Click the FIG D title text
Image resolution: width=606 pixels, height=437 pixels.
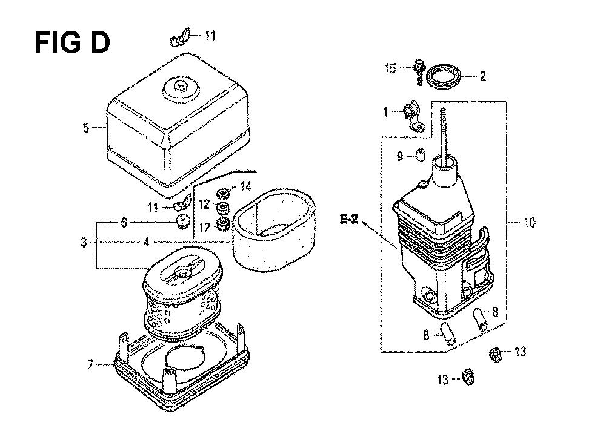pos(72,43)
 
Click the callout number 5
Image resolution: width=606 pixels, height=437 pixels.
pos(86,127)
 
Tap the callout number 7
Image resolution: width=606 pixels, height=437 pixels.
pos(90,364)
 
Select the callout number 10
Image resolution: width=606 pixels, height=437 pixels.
pos(530,222)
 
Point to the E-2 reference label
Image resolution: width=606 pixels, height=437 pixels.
pos(349,220)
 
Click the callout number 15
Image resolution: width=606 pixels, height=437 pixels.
pos(390,69)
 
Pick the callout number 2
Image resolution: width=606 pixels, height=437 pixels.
pos(483,76)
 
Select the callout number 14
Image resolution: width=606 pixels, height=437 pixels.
pos(246,187)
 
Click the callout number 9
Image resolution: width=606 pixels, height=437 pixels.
pos(399,156)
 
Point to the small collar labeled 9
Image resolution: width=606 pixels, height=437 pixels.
pos(421,155)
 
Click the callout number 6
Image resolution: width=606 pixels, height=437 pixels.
pos(124,222)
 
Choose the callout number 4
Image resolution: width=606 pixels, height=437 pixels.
pos(145,243)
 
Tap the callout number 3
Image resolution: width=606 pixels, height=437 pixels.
pos(84,243)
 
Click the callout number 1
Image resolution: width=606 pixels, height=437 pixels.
pos(385,112)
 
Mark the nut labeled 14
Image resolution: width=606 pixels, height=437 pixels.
pos(223,192)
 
